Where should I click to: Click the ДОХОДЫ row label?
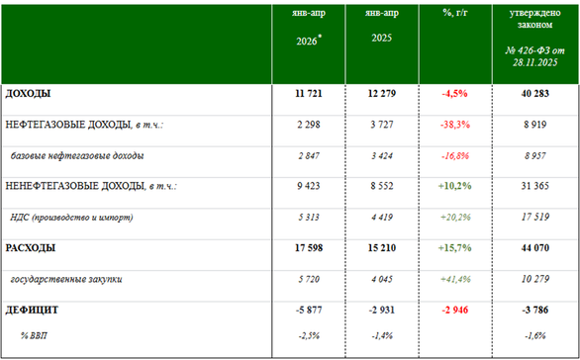(28, 94)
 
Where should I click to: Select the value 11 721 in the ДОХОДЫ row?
(309, 94)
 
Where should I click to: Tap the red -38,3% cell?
(455, 125)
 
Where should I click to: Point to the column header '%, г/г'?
(455, 13)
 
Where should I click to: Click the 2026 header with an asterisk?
(309, 41)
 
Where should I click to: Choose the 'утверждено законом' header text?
(534, 19)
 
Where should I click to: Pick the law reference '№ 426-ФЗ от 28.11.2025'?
(534, 56)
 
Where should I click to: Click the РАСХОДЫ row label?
(31, 247)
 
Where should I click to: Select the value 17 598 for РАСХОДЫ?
(309, 247)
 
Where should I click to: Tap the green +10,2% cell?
(455, 186)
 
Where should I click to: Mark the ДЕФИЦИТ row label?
(32, 310)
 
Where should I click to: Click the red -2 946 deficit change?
(455, 310)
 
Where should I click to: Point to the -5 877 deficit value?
(309, 310)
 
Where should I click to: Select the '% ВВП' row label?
(34, 336)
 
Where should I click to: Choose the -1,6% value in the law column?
(534, 336)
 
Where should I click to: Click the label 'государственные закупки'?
(66, 280)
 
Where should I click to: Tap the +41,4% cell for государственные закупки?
(455, 280)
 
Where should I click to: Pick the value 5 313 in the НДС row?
(309, 218)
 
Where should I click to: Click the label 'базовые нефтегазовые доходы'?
(77, 156)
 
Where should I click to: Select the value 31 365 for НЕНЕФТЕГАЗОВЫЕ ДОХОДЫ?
(534, 186)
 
